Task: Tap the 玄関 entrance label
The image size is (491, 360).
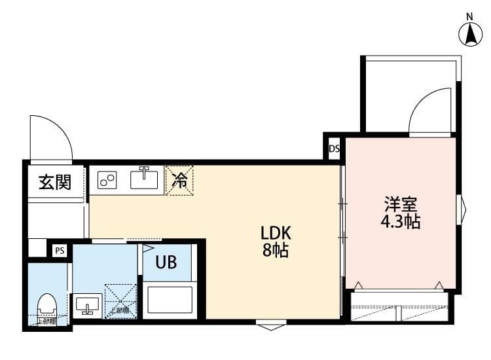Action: [x=54, y=181]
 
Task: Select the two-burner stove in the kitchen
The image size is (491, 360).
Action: [x=107, y=179]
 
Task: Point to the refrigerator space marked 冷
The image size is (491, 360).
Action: [x=179, y=179]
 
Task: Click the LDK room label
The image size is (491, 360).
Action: [x=275, y=233]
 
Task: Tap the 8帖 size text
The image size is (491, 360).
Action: [x=275, y=250]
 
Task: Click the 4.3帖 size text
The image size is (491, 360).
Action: [x=400, y=222]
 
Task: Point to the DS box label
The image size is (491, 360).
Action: [x=334, y=149]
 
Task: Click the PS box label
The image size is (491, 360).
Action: [x=60, y=250]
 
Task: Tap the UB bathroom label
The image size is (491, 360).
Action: [x=166, y=263]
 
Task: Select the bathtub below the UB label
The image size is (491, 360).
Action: [x=170, y=299]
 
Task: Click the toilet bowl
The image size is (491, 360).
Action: [x=46, y=305]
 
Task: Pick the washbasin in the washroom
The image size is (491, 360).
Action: [x=87, y=305]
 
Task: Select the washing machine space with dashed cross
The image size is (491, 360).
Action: [x=120, y=300]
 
